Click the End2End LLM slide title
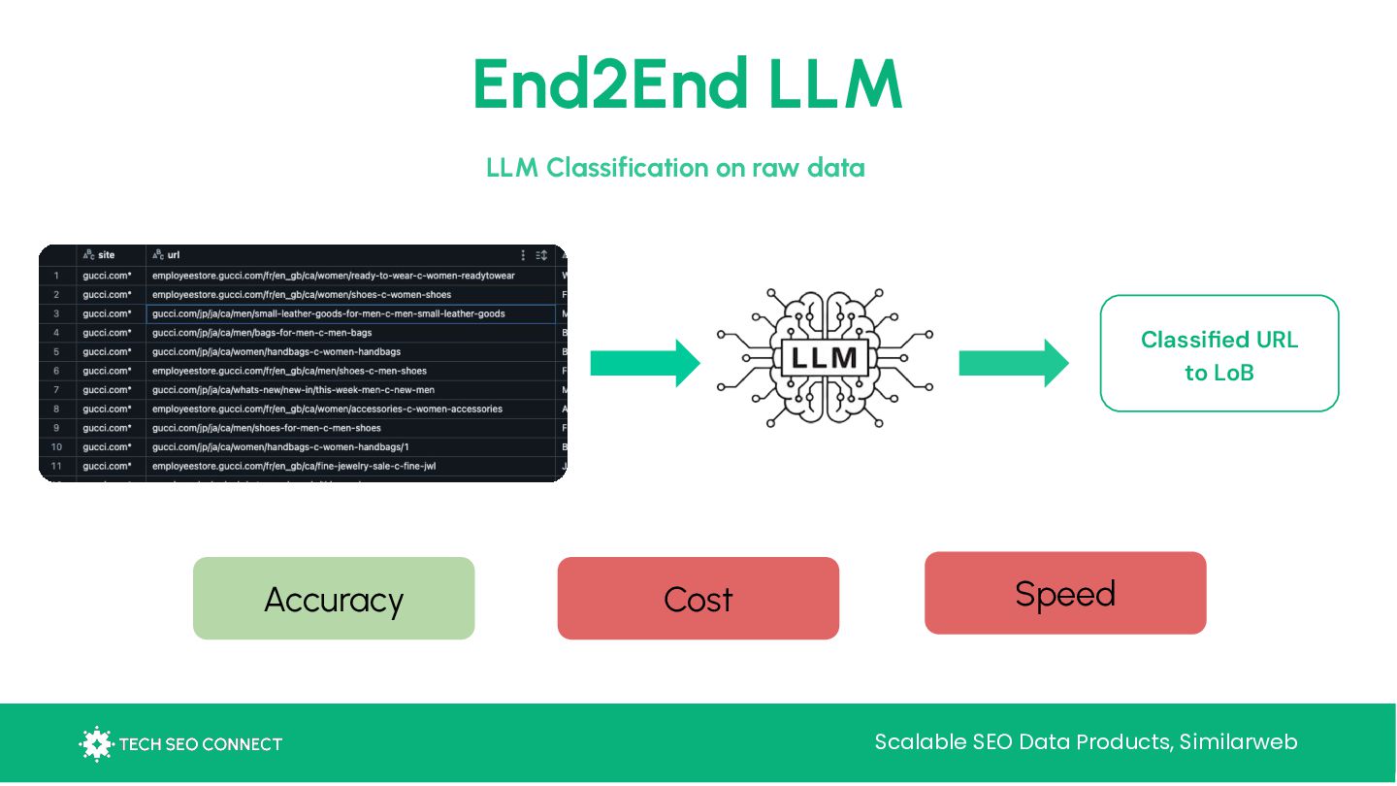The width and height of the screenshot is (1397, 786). pyautogui.click(x=687, y=85)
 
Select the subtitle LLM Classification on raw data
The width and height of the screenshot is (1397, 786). pyautogui.click(x=675, y=168)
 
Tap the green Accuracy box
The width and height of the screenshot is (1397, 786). pyautogui.click(x=334, y=599)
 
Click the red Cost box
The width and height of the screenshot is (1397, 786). pyautogui.click(x=698, y=599)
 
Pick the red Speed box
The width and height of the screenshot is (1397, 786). pyautogui.click(x=1064, y=593)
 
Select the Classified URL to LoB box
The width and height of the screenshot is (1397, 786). pyautogui.click(x=1218, y=354)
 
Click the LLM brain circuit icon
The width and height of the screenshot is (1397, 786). pyautogui.click(x=825, y=356)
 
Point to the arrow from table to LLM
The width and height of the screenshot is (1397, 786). pyautogui.click(x=644, y=363)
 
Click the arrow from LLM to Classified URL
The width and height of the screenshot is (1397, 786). pyautogui.click(x=1013, y=363)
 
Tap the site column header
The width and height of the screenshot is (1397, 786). pyautogui.click(x=106, y=255)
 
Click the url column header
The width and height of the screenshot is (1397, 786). pyautogui.click(x=173, y=255)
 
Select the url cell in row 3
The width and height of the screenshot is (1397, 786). pyautogui.click(x=329, y=313)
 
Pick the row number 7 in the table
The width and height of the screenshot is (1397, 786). pyautogui.click(x=56, y=390)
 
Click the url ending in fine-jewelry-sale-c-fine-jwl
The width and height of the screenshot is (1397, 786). pyautogui.click(x=294, y=466)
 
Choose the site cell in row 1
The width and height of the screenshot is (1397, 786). pyautogui.click(x=107, y=276)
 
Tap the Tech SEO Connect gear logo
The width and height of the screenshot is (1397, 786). pyautogui.click(x=95, y=743)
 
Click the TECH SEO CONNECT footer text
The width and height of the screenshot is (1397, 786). pyautogui.click(x=200, y=744)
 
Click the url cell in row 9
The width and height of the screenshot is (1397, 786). pyautogui.click(x=267, y=428)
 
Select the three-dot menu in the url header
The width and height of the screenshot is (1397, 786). pyautogui.click(x=523, y=255)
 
